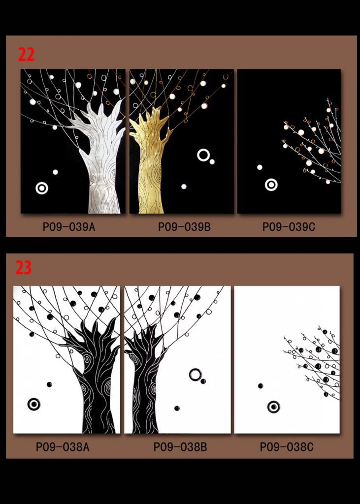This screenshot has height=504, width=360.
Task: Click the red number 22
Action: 26,55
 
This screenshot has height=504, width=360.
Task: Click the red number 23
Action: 24,267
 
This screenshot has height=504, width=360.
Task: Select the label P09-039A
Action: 69,227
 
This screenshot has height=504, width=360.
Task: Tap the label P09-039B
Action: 184,227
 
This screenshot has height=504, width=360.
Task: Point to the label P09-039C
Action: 289,227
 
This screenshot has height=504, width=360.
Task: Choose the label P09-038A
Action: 63,447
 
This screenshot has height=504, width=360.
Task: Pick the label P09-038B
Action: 180,447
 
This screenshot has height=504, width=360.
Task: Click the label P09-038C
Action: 287,447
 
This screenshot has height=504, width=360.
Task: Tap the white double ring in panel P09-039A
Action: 42,189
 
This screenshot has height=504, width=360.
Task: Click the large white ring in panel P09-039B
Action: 203,155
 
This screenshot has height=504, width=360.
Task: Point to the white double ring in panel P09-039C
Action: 271,185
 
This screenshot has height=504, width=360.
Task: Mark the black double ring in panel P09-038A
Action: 34,405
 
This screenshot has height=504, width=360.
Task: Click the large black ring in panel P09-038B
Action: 196,375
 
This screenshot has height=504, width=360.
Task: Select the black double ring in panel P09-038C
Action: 273,407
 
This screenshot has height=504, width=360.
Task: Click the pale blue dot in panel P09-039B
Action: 184,187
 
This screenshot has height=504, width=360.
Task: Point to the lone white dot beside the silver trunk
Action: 55,172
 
